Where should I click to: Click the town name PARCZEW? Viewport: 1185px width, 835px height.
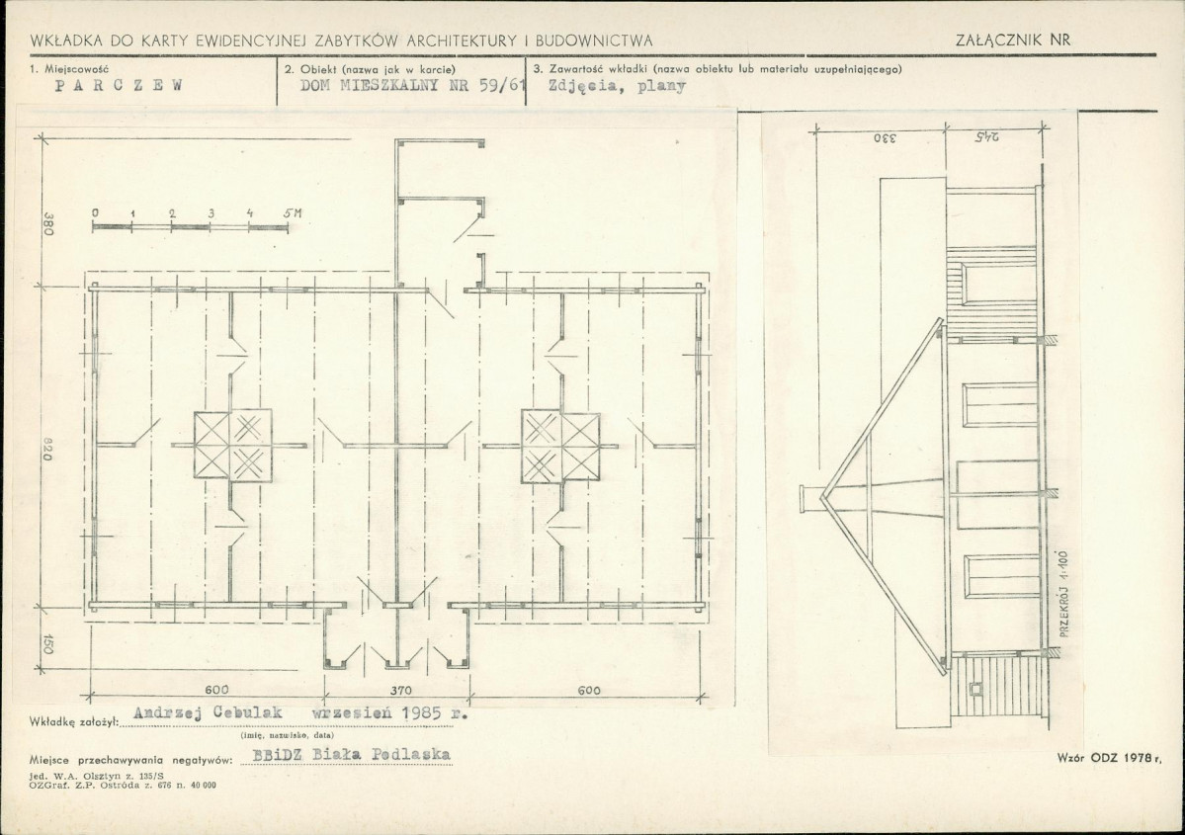click(x=120, y=85)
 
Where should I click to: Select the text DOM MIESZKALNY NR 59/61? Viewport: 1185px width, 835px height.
click(x=412, y=85)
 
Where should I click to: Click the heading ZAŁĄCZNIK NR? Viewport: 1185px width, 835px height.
click(x=1013, y=41)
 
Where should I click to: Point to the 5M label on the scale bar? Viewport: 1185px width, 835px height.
click(x=293, y=213)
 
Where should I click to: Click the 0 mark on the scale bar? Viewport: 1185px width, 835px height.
click(x=95, y=213)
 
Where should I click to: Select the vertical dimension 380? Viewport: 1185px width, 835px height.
click(x=48, y=222)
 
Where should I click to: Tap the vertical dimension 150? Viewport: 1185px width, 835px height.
click(x=48, y=644)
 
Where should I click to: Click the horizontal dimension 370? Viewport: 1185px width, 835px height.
click(x=400, y=690)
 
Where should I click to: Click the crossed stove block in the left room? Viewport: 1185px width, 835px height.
click(x=233, y=446)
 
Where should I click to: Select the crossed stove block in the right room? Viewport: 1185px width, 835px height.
click(x=560, y=447)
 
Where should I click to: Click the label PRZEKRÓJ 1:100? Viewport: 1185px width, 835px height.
click(x=1064, y=594)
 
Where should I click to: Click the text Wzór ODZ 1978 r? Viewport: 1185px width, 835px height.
click(x=1108, y=756)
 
